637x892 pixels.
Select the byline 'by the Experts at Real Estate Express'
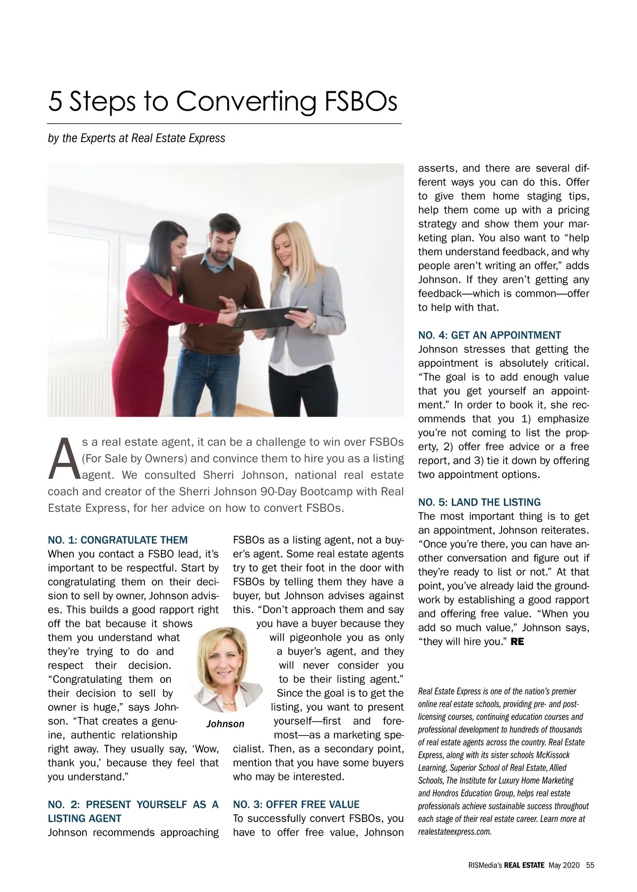coord(136,138)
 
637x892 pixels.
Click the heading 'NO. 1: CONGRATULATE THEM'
coord(117,540)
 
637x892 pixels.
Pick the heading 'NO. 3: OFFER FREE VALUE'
coord(296,804)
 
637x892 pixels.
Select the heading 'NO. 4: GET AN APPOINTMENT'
coord(489,335)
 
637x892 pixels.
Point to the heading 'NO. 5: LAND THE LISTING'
coord(479,502)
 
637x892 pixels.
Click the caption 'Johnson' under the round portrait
coord(225,724)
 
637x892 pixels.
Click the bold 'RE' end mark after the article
coord(517,642)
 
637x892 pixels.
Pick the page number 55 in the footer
coord(590,865)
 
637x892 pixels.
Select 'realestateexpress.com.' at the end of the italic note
coord(455,831)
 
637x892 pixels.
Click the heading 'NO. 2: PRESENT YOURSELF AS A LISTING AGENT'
coord(133,811)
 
